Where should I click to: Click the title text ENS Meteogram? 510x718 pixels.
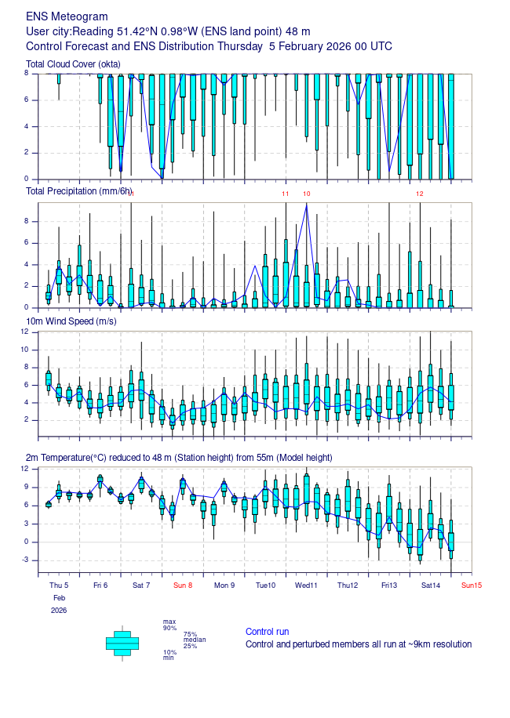tap(67, 16)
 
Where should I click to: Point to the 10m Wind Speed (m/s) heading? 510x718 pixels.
tap(72, 322)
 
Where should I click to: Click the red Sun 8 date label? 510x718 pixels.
tap(183, 585)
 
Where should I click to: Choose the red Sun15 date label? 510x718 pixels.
tap(472, 585)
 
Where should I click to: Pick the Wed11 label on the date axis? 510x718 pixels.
tap(306, 585)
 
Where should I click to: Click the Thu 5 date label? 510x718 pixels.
tap(59, 585)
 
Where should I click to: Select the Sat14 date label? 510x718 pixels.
tap(430, 585)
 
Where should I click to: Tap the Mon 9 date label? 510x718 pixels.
tap(224, 585)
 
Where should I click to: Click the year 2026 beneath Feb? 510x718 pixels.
tap(59, 610)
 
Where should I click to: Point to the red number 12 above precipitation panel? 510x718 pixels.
tap(420, 194)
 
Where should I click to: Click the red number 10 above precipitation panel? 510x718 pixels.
tap(307, 194)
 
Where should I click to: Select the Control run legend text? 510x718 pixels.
tap(267, 632)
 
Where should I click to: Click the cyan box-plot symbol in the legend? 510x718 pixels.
tap(122, 643)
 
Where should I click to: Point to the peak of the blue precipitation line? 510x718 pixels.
tap(306, 205)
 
